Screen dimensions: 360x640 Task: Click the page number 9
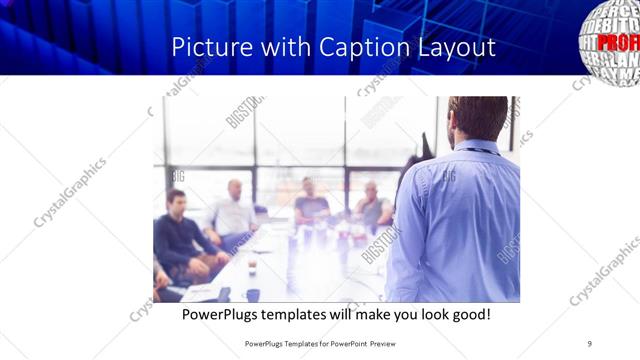coord(590,343)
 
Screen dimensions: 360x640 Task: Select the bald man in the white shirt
coord(233,210)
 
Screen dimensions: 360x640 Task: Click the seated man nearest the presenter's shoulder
coord(373,206)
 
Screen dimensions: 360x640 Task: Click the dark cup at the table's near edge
coord(253,294)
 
